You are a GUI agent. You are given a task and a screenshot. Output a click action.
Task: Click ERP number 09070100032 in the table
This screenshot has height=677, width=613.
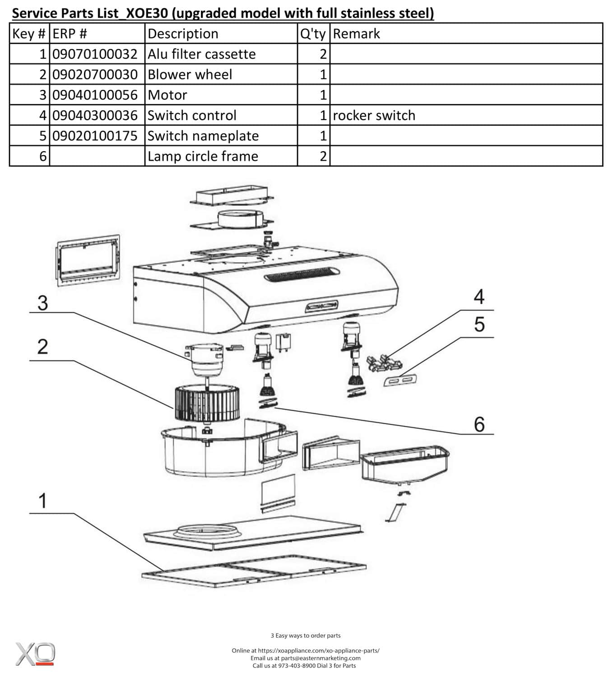[95, 54]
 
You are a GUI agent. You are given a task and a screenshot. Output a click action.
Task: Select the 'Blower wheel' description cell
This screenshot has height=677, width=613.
[190, 74]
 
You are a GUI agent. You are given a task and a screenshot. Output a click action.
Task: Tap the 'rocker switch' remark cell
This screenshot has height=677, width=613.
[374, 116]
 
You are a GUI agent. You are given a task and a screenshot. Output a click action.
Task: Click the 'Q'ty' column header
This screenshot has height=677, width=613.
[313, 34]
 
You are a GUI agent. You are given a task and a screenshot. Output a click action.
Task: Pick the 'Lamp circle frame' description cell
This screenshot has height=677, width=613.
[203, 157]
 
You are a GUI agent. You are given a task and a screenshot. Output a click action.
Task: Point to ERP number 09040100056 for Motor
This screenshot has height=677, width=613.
[95, 95]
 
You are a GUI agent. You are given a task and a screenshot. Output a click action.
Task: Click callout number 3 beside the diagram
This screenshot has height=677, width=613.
[42, 303]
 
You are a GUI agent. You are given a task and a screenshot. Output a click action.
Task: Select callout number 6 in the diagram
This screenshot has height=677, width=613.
[479, 425]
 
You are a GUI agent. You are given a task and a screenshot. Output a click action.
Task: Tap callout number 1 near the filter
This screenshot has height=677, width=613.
[42, 501]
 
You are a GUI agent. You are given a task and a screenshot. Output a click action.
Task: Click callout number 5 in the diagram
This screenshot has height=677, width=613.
[479, 325]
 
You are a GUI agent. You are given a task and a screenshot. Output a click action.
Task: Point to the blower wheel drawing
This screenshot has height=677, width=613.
[207, 403]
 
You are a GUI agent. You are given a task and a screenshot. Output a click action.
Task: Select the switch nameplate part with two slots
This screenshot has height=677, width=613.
[400, 380]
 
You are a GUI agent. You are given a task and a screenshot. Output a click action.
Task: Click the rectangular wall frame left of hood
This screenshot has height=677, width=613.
[88, 260]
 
